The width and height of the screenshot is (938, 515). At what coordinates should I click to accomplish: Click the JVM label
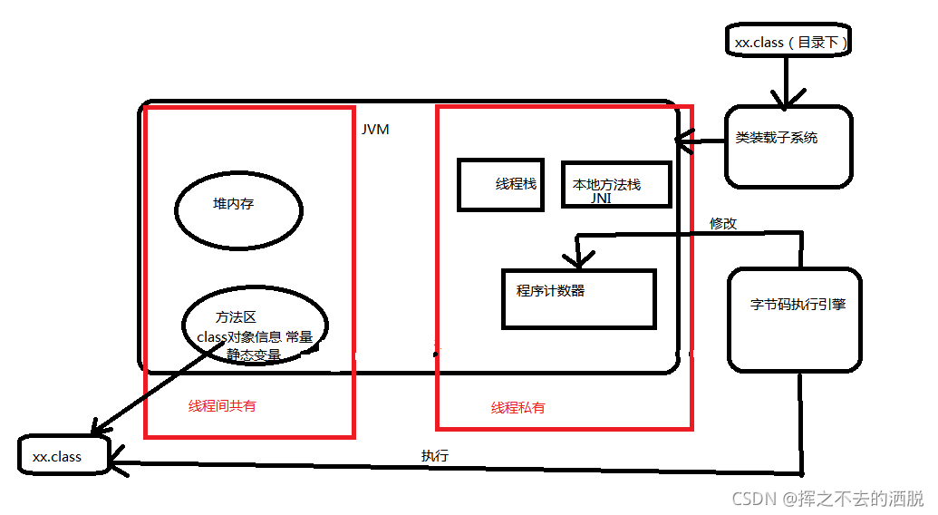coord(375,130)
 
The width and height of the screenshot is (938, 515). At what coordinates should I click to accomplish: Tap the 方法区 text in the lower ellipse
coord(236,317)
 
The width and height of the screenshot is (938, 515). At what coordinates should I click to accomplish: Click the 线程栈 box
coord(500,185)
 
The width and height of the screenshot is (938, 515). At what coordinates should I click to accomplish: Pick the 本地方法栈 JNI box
coord(615,185)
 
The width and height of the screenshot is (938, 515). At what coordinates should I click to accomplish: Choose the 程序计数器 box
coord(578,297)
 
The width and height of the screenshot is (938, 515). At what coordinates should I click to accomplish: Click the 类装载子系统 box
coord(788,147)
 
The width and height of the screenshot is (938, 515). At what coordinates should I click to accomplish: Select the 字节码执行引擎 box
coord(794,319)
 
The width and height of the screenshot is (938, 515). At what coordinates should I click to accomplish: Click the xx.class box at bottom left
coord(63,455)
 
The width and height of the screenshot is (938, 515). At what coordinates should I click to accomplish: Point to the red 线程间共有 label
coord(222,406)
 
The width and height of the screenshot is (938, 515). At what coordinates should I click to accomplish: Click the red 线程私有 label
coord(518,408)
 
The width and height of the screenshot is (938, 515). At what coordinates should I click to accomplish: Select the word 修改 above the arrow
coord(723,223)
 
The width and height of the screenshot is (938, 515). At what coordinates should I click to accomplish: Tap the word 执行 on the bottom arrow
coord(434,455)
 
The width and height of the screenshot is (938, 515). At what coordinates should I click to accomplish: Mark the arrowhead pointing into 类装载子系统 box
coord(786,99)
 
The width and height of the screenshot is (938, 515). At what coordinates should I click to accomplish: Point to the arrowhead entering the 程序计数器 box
coord(576,260)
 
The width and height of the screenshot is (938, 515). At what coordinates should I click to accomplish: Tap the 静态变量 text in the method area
coord(254,355)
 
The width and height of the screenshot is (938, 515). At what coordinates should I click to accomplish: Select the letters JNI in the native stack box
coord(601,198)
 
